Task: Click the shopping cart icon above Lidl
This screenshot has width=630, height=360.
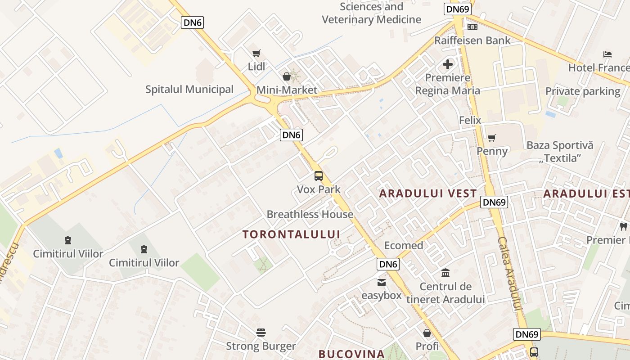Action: pos(256,54)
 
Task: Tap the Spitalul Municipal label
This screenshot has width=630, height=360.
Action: pos(189,89)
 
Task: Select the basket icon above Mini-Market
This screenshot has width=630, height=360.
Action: pos(287,76)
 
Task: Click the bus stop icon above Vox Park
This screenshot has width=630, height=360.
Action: pos(319,176)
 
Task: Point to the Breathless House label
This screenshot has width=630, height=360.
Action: pos(310,214)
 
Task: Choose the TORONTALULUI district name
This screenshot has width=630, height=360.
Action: pos(291,234)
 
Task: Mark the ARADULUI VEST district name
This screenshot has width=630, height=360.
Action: pos(428,194)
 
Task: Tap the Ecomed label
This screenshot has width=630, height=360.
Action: pos(404,245)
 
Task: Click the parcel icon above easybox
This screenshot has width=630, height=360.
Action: pos(382,282)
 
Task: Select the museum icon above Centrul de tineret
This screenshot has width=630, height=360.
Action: pos(445,273)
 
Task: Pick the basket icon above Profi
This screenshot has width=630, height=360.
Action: pos(427,333)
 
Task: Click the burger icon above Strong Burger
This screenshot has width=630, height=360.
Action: pos(261,333)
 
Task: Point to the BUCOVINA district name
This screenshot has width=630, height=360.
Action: pos(351,354)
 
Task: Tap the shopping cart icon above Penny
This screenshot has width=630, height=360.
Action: pos(492,138)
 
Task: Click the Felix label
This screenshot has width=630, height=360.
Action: pos(470,120)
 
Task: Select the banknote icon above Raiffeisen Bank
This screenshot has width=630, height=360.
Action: pos(472,27)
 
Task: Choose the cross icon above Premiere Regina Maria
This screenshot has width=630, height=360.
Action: pos(448,64)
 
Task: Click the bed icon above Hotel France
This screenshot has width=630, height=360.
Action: pos(607,54)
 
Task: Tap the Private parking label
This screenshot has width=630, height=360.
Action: pos(583,91)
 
